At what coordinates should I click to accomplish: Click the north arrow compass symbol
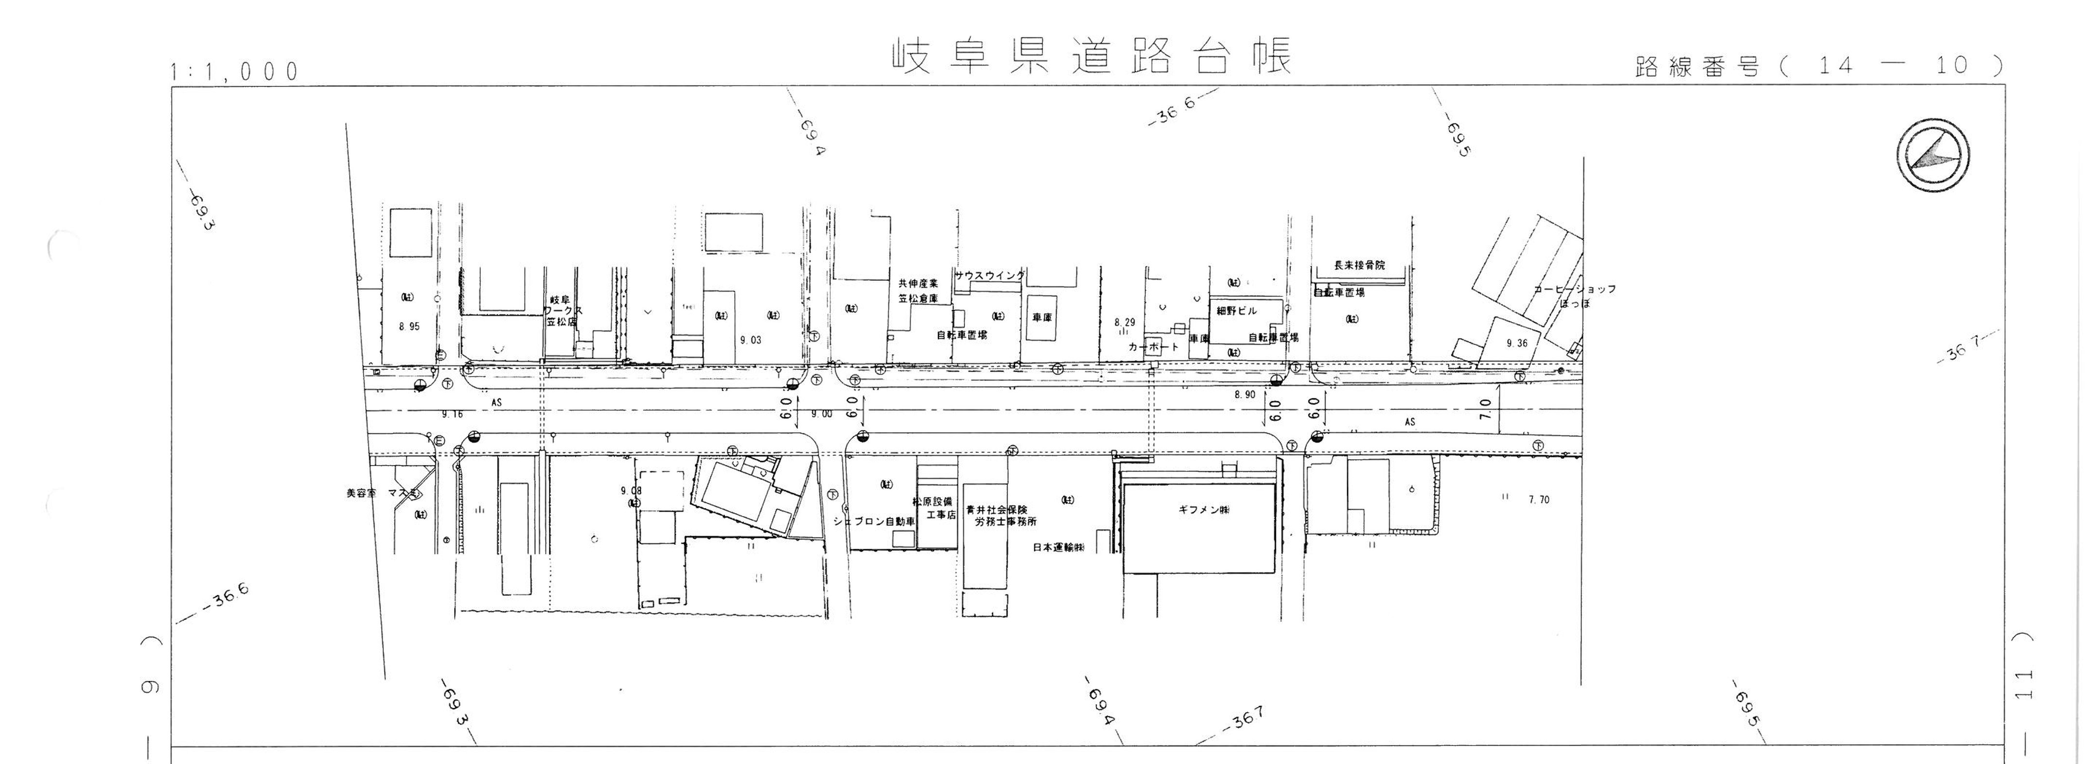point(1932,155)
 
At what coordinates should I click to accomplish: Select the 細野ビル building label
point(1236,311)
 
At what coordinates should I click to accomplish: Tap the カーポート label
point(1153,347)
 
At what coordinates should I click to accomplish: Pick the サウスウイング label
point(989,276)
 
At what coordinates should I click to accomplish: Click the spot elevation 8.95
point(410,327)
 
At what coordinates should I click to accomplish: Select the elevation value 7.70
point(1538,500)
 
